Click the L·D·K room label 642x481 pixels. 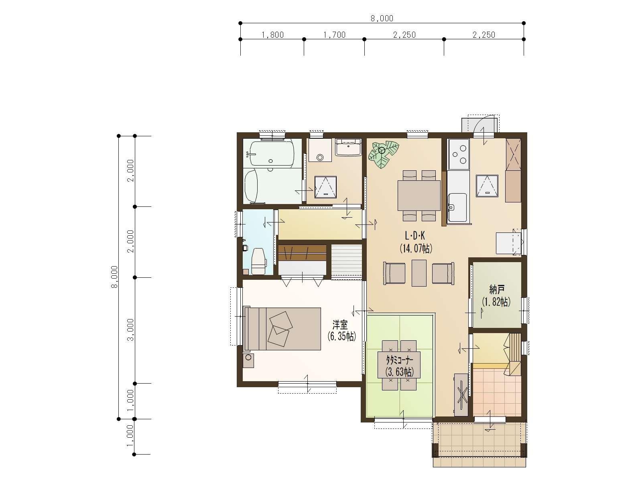click(415, 235)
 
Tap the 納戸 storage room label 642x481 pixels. click(497, 289)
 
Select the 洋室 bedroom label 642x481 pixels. click(340, 324)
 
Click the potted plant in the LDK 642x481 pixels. click(383, 154)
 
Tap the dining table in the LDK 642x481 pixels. click(419, 195)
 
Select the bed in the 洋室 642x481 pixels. click(282, 329)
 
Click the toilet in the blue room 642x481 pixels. click(258, 261)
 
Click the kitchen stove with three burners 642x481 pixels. click(459, 154)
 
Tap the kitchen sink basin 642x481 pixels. click(457, 207)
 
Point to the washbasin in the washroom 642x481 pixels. click(348, 148)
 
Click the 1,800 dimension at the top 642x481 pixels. click(272, 35)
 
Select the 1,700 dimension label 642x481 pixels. click(334, 35)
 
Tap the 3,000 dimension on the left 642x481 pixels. click(131, 329)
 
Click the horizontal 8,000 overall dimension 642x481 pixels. click(382, 18)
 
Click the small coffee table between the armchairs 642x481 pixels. click(419, 273)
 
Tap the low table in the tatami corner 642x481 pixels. click(399, 365)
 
